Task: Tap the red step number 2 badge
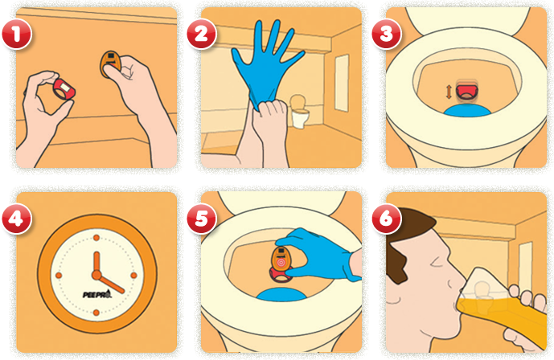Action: coord(199,34)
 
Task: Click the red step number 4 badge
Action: coord(16,219)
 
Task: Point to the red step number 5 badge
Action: coord(199,219)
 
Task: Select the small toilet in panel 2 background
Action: coord(299,113)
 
